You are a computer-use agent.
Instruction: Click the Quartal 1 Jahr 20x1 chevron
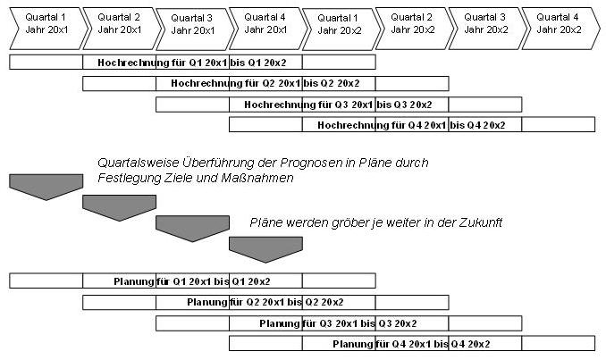click(x=46, y=23)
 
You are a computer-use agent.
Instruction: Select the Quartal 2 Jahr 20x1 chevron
click(x=119, y=23)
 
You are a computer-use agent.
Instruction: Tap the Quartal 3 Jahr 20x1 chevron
click(x=192, y=24)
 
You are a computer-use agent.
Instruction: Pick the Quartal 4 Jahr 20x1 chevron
click(x=265, y=24)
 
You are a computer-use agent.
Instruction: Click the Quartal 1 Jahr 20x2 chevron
click(x=339, y=24)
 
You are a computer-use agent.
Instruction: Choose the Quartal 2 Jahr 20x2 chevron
click(x=412, y=24)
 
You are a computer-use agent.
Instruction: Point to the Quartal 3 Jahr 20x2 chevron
click(x=485, y=24)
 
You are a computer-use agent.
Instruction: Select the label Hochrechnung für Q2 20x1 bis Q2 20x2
click(x=265, y=83)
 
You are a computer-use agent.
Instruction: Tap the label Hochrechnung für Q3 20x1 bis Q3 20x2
click(x=338, y=105)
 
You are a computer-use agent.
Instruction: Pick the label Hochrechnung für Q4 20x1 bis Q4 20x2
click(x=411, y=125)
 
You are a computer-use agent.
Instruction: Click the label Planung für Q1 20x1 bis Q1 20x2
click(x=191, y=281)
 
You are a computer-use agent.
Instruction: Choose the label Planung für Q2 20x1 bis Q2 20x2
click(x=265, y=302)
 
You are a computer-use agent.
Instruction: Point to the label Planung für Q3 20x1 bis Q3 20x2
click(x=338, y=323)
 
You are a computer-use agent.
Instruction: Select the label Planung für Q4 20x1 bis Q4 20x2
click(x=411, y=344)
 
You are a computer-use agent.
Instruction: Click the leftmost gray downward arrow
click(x=46, y=187)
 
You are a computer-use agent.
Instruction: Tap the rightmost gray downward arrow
click(x=265, y=248)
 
